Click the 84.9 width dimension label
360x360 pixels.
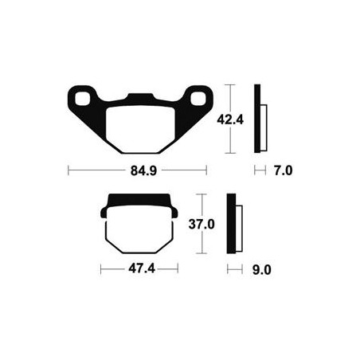click(143, 170)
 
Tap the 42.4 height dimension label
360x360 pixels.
click(230, 119)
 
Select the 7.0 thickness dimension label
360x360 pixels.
click(284, 170)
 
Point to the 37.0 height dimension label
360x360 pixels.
click(202, 225)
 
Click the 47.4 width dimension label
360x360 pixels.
click(142, 269)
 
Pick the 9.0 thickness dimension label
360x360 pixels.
click(262, 270)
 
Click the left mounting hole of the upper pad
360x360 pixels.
click(83, 99)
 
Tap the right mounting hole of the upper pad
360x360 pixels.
click(198, 99)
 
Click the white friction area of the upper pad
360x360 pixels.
click(140, 130)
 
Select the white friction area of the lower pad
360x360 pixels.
click(139, 229)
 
